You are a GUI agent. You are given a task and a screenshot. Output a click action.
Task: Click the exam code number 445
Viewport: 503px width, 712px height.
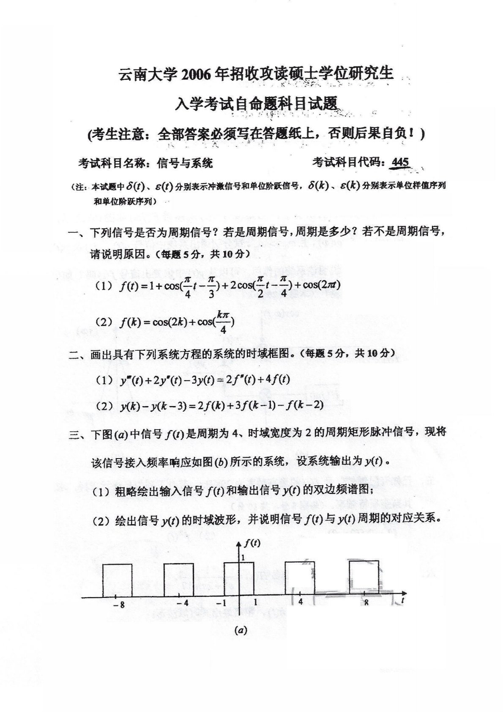tap(400, 162)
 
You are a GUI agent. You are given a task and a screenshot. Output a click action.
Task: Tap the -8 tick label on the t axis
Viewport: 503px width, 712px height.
tap(119, 605)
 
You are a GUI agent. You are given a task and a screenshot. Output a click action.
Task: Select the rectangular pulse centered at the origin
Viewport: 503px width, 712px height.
tap(239, 579)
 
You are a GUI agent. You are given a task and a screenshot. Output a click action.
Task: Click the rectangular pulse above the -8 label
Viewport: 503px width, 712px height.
tap(117, 580)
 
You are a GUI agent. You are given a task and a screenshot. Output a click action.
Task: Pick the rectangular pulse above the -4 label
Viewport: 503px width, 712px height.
tap(179, 580)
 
